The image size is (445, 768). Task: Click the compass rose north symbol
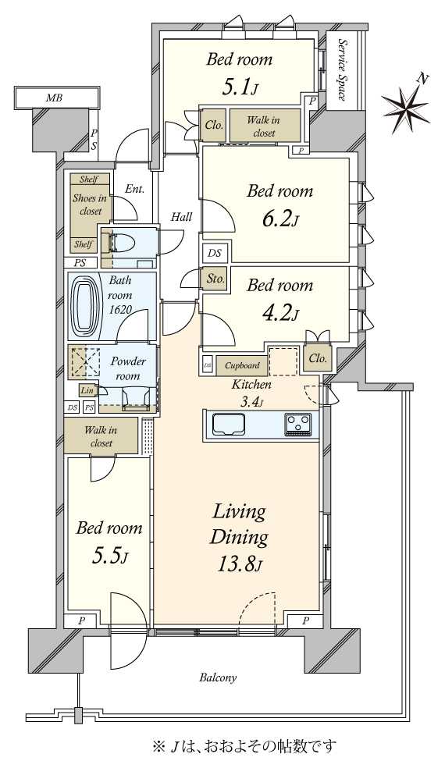406,105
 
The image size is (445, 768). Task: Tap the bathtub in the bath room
85,306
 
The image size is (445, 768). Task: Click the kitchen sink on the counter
228,424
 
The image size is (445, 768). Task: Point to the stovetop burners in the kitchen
297,424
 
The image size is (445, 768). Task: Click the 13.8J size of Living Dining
239,566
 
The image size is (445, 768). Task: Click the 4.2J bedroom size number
279,312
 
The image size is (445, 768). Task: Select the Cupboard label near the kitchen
242,365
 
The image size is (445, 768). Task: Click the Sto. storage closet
215,279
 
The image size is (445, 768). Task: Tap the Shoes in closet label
90,204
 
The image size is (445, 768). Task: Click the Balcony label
218,678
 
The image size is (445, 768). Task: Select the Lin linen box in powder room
87,390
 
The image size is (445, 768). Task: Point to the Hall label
181,216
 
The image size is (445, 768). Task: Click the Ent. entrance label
134,189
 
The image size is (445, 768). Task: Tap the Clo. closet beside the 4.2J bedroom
318,358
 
